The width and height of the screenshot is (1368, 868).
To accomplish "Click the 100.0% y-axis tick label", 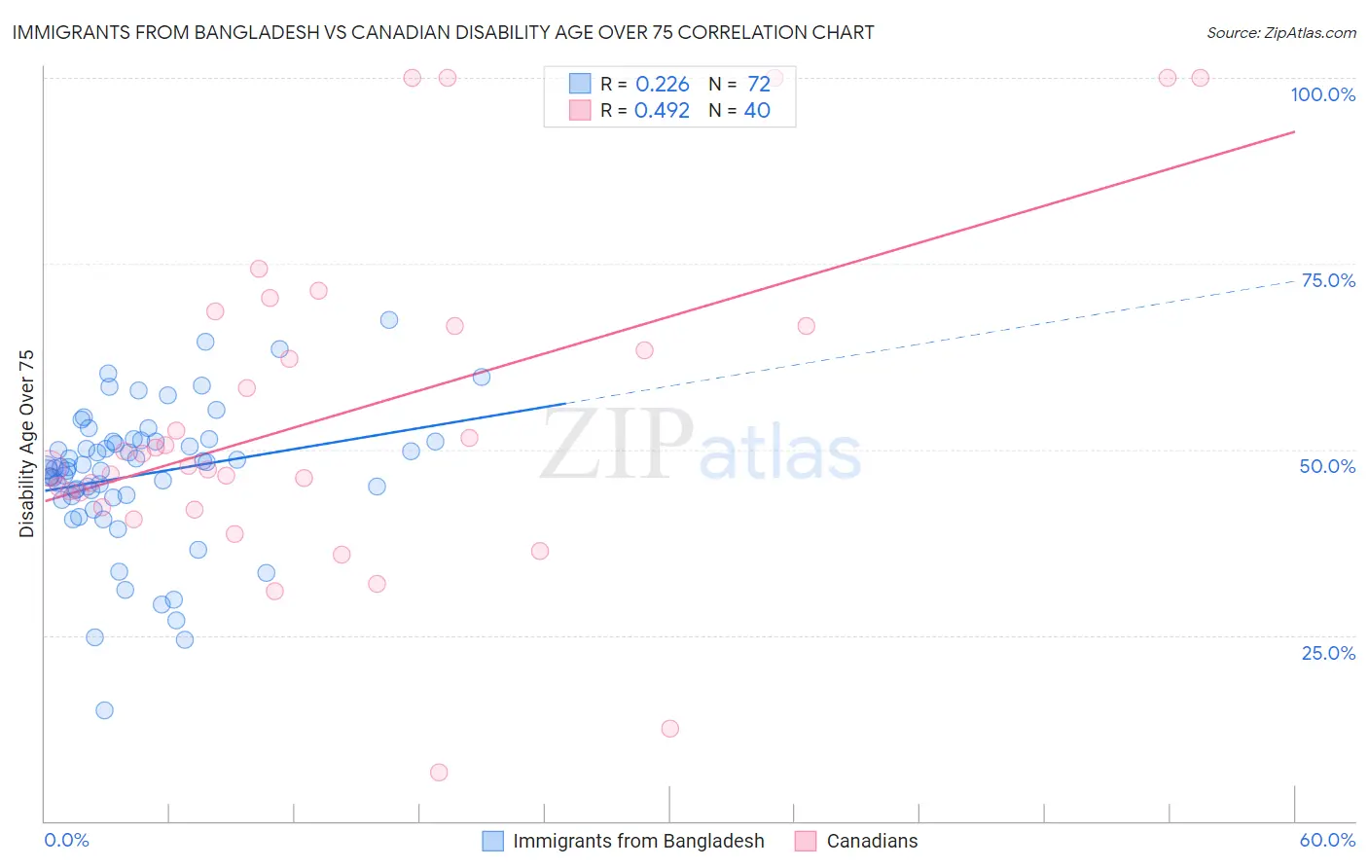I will click(1322, 94).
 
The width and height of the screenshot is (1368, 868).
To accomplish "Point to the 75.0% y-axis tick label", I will click(1328, 280).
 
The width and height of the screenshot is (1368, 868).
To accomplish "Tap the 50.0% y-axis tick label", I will click(1327, 466).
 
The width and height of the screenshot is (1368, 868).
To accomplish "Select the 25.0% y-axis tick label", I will click(1328, 652).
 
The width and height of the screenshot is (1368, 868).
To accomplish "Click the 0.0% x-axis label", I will click(66, 840).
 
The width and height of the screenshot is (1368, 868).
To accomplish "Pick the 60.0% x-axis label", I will click(1327, 840).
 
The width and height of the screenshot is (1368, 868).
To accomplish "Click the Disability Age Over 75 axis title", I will click(27, 443).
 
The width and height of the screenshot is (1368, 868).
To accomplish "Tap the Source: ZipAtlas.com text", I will click(1280, 32).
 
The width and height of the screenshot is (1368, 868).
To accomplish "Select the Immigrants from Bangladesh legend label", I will click(638, 841).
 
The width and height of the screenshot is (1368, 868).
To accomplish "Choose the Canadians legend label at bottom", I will click(872, 841).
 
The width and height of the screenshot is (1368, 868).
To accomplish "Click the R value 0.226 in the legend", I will click(662, 85).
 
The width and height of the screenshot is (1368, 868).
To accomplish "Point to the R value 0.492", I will click(662, 111).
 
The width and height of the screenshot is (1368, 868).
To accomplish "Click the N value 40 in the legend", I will click(757, 111).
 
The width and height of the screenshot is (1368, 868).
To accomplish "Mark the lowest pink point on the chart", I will click(439, 773).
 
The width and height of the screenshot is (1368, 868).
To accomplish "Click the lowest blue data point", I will click(104, 710).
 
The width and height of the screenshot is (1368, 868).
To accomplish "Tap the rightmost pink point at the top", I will click(1200, 78).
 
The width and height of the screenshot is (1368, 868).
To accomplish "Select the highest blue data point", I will click(389, 320).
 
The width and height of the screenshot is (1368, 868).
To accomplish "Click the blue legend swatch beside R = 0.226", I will click(580, 84).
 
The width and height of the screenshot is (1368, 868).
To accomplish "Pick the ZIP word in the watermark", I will click(617, 445).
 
